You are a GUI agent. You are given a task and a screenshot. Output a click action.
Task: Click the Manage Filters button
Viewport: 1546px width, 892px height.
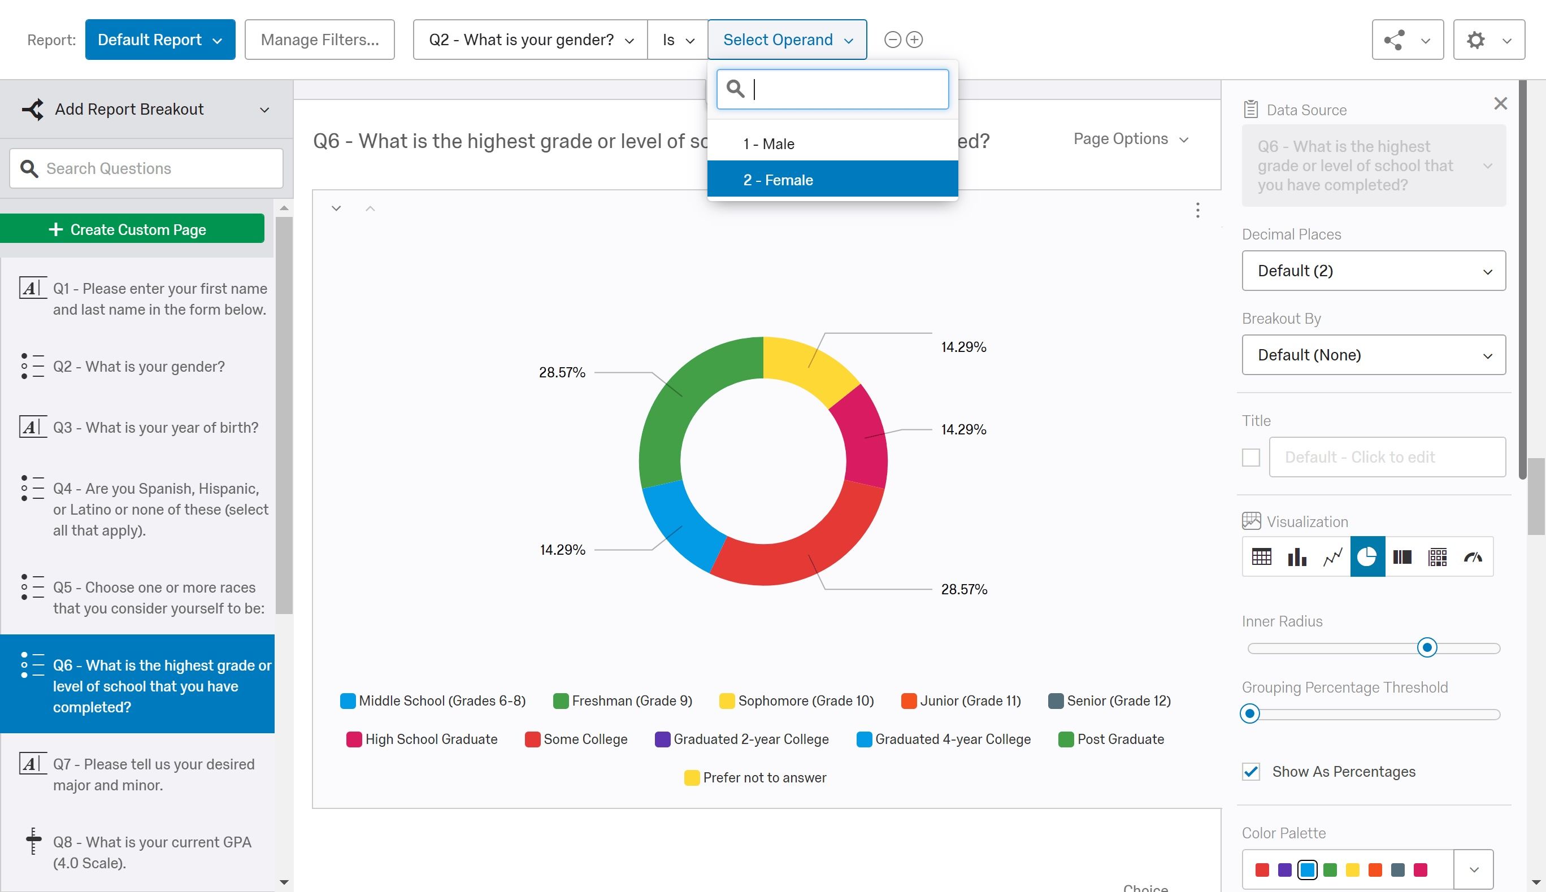[319, 40]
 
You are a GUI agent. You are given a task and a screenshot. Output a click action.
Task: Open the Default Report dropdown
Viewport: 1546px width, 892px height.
[160, 40]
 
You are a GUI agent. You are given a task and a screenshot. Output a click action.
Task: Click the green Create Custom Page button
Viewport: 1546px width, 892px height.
[132, 229]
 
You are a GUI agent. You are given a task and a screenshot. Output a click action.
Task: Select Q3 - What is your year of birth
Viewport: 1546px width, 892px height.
[155, 427]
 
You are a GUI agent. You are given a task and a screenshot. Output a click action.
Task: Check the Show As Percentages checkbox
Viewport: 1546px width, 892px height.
[1250, 771]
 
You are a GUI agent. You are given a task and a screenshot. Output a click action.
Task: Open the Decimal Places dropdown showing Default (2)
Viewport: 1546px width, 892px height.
[1373, 271]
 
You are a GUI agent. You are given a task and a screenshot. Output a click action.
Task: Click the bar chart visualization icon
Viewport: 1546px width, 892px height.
[1297, 557]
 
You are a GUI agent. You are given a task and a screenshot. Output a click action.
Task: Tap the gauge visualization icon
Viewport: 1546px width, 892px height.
[1473, 557]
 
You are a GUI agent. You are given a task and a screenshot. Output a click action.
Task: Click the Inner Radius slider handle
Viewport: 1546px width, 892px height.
[1427, 647]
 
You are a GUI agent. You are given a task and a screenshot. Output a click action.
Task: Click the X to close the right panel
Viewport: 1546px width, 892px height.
[1500, 103]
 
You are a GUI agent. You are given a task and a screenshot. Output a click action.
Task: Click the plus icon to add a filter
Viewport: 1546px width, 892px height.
[914, 40]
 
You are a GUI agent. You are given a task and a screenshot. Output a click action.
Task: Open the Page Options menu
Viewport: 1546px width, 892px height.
[1131, 139]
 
